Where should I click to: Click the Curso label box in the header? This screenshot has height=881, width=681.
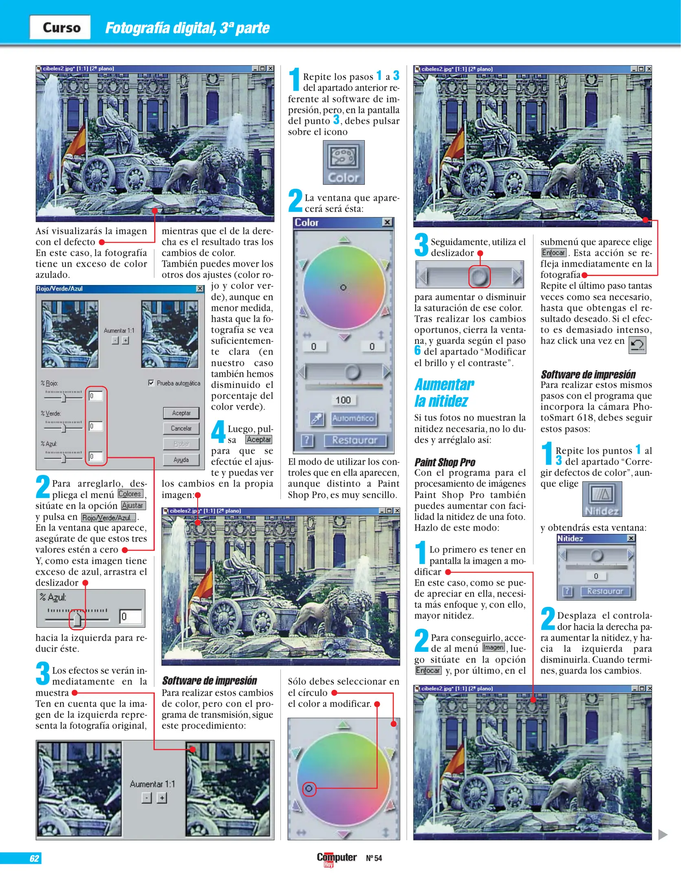click(x=60, y=27)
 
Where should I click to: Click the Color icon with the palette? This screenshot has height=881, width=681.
click(x=344, y=162)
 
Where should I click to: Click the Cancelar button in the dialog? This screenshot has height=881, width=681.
click(x=181, y=428)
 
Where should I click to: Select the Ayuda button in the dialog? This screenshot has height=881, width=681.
click(x=181, y=460)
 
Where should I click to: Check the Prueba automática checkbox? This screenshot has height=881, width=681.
click(x=151, y=383)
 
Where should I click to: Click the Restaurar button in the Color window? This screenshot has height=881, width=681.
click(x=355, y=440)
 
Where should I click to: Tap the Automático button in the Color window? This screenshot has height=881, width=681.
click(x=353, y=418)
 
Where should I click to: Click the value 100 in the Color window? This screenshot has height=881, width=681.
click(x=343, y=400)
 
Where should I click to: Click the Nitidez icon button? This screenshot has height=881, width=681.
click(x=602, y=499)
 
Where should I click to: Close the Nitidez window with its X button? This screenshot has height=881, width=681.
click(x=631, y=538)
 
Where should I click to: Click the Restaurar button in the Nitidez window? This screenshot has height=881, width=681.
click(x=605, y=591)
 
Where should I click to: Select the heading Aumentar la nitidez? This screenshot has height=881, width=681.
click(x=444, y=392)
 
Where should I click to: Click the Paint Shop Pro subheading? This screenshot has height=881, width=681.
click(x=445, y=462)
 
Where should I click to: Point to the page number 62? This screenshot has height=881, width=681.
click(x=34, y=858)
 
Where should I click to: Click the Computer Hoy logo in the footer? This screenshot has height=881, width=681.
click(x=337, y=859)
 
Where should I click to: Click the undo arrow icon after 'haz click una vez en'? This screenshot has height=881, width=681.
click(x=637, y=345)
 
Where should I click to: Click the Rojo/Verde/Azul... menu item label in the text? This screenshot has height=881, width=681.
click(x=109, y=518)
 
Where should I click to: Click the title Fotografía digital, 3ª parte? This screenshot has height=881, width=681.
click(x=187, y=28)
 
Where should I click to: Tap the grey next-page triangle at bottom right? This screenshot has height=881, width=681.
click(x=663, y=835)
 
